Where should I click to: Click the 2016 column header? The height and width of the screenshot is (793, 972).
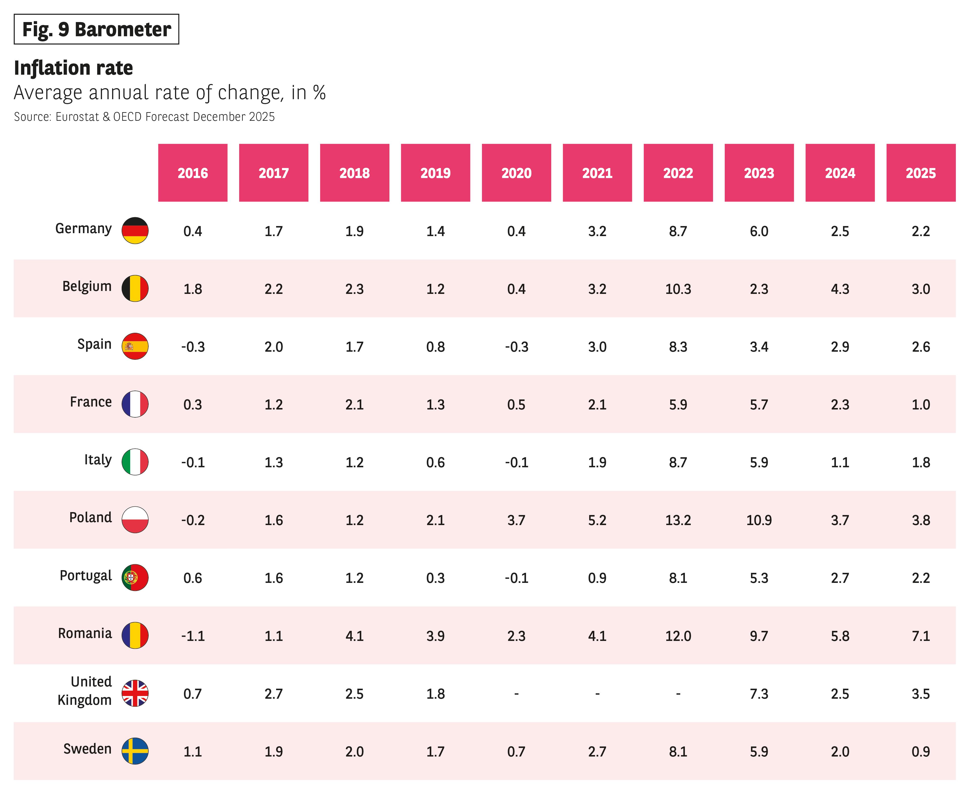(193, 173)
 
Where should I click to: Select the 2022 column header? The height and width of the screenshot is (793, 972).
(678, 173)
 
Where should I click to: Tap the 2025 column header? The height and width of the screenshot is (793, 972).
(921, 173)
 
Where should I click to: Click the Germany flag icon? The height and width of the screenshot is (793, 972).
(135, 230)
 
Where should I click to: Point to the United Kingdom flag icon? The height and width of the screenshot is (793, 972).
(135, 693)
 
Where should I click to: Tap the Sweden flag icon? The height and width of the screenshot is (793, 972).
(135, 751)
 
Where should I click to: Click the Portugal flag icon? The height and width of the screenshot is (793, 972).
(135, 577)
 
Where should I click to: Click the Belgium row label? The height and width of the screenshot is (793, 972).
(87, 286)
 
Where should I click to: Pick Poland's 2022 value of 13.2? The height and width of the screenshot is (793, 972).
(678, 520)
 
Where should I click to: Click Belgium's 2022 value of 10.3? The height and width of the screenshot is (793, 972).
(678, 289)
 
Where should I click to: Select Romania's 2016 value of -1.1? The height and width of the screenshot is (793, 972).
(193, 636)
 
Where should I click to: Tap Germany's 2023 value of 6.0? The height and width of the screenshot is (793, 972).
(759, 231)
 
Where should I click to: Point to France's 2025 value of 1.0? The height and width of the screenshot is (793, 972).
(921, 404)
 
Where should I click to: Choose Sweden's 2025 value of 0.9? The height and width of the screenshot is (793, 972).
(921, 751)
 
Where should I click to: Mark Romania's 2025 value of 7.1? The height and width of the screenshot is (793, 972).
(921, 636)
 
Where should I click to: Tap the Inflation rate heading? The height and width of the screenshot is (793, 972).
(73, 68)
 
